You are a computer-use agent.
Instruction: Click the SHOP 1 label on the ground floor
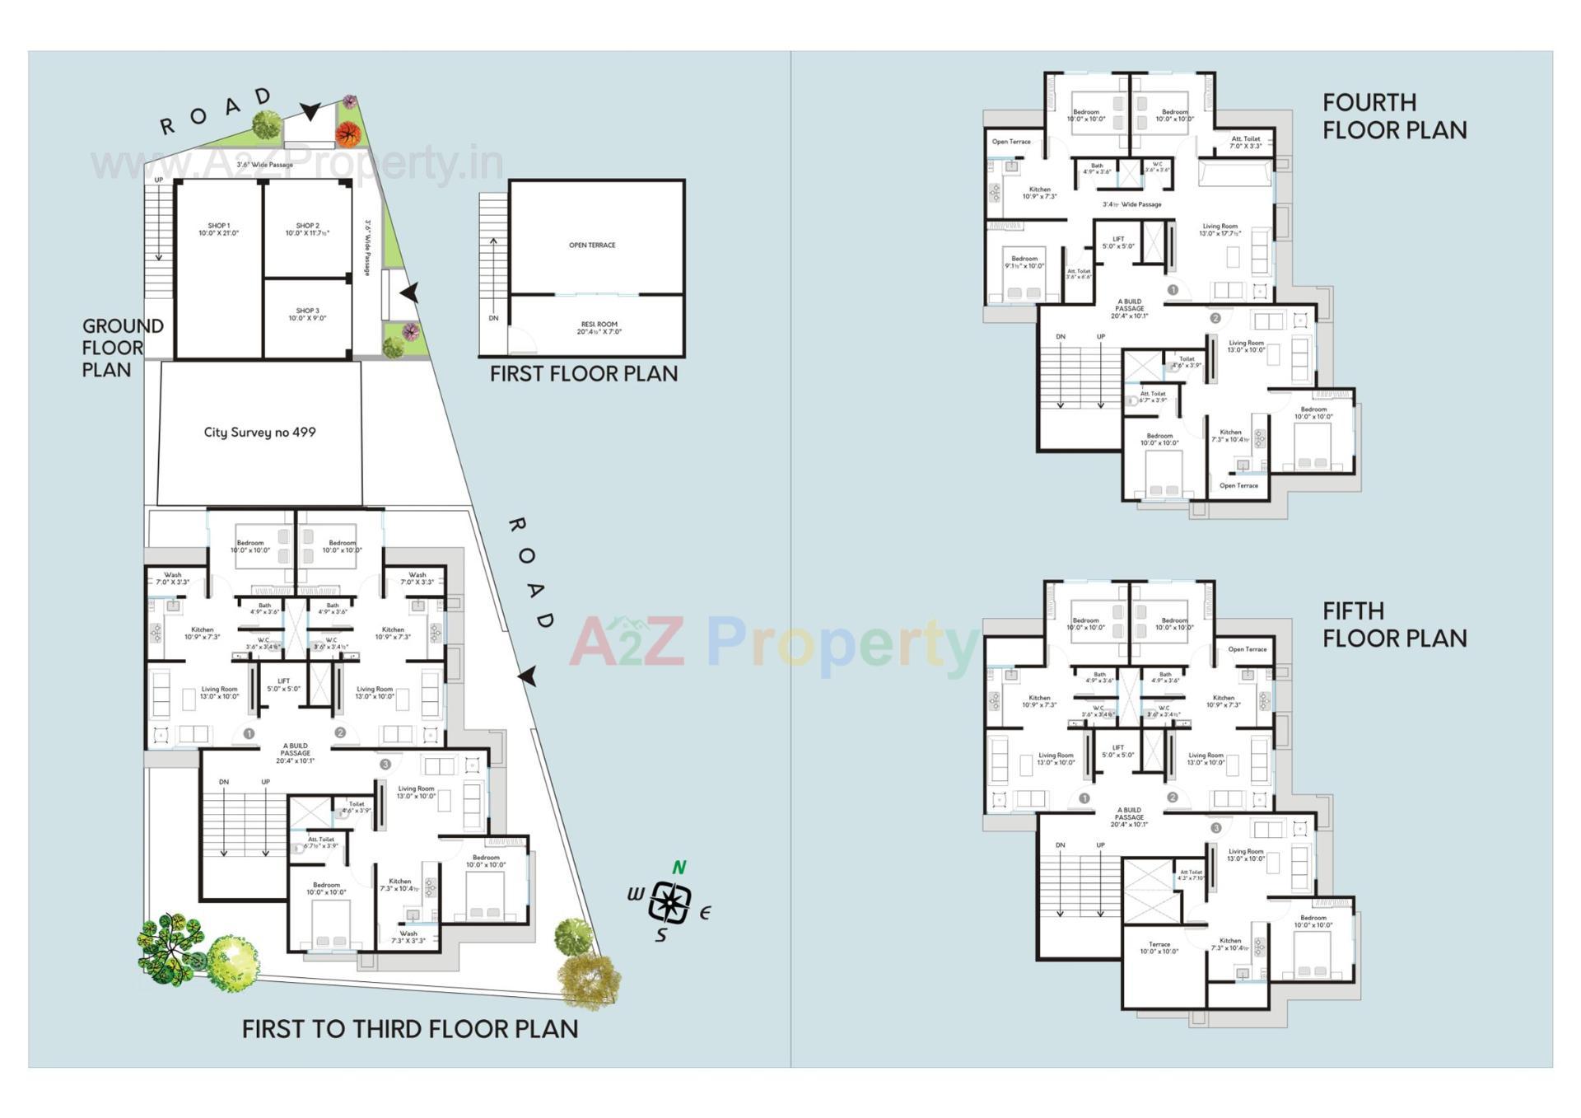[x=218, y=229]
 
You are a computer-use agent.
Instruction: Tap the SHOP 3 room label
[x=307, y=314]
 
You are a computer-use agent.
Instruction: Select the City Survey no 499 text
[x=259, y=432]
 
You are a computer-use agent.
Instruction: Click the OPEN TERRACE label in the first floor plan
[x=592, y=245]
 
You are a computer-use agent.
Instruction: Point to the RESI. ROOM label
[x=599, y=328]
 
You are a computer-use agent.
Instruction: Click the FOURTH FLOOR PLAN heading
[x=1394, y=116]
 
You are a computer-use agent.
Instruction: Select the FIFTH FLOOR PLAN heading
[x=1394, y=624]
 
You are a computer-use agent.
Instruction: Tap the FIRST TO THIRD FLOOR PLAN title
[x=410, y=1029]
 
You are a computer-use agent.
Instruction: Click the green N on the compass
[x=679, y=867]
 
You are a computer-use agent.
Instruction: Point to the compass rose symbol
[x=669, y=901]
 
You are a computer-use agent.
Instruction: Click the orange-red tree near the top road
[x=348, y=133]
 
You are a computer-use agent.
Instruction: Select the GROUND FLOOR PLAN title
[x=122, y=348]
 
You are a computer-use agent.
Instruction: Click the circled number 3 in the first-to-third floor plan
[x=385, y=764]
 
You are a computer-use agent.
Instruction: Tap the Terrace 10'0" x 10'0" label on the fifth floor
[x=1159, y=947]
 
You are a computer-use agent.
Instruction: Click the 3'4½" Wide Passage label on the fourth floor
[x=1131, y=204]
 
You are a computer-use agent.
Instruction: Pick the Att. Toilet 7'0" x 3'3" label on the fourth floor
[x=1245, y=143]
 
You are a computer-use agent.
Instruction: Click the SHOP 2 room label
[x=307, y=229]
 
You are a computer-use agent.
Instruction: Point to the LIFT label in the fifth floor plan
[x=1117, y=751]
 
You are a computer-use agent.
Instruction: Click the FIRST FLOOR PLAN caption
[x=583, y=374]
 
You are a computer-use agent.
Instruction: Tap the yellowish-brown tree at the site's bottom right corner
[x=588, y=979]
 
